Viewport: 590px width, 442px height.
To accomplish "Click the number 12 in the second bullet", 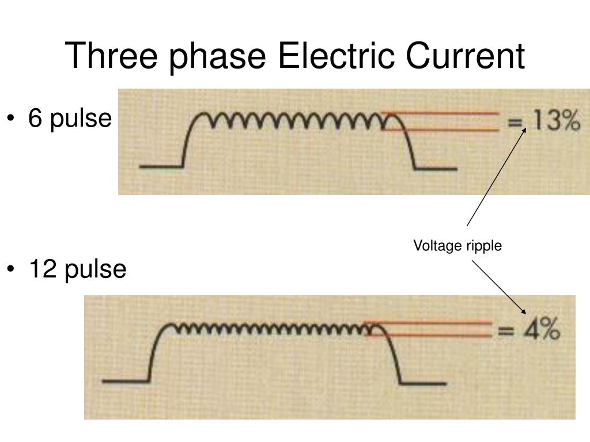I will coord(43,269).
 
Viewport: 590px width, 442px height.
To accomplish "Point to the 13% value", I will coord(554,121).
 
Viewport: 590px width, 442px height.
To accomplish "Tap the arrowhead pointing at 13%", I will coord(524,129).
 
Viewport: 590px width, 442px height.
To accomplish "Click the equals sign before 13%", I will coord(515,123).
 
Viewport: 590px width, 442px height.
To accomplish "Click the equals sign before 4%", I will coord(505,331).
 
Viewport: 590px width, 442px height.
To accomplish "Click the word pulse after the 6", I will coord(80,119).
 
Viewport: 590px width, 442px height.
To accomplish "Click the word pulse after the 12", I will coord(95,269).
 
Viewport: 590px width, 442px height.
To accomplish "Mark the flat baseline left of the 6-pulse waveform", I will coord(161,167).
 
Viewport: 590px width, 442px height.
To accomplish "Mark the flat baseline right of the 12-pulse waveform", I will coord(424,383).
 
